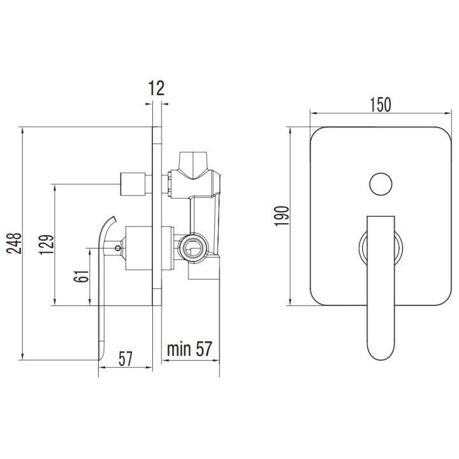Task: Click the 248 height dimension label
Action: (x=14, y=243)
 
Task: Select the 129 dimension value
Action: (x=47, y=244)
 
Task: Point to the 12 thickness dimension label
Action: (x=157, y=88)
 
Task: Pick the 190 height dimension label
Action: (x=282, y=216)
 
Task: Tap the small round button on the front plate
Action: (x=381, y=184)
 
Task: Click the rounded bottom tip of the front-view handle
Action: (x=381, y=359)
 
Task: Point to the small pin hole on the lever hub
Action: (x=118, y=248)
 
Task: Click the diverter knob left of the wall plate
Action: (x=133, y=184)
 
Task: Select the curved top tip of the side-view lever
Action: (x=114, y=219)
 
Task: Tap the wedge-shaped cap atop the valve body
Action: (x=194, y=165)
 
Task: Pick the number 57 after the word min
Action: (x=203, y=349)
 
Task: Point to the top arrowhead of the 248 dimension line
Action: (x=22, y=130)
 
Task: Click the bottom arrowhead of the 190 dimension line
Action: (x=291, y=302)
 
